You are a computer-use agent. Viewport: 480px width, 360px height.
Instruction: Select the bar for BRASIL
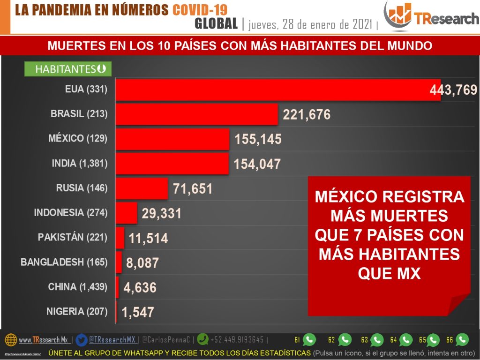click(x=197, y=114)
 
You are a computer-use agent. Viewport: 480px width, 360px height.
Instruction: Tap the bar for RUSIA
click(x=142, y=188)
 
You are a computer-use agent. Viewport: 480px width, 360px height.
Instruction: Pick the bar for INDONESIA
click(x=127, y=213)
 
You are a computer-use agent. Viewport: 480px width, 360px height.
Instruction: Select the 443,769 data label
click(x=453, y=90)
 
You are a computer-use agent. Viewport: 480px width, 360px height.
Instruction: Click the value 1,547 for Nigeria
click(x=138, y=312)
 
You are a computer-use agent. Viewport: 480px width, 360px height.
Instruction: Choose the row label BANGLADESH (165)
click(x=64, y=262)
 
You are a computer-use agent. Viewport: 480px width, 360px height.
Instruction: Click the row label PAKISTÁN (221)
click(x=73, y=237)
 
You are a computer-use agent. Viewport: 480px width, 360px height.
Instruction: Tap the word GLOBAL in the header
click(x=216, y=23)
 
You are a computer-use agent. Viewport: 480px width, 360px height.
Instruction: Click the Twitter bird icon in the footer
click(x=82, y=339)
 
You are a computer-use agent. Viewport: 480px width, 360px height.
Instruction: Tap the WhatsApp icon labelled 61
click(x=309, y=339)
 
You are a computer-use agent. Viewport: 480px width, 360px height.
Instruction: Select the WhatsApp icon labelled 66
click(x=462, y=339)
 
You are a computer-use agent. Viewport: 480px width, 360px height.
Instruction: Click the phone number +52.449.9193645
click(x=237, y=339)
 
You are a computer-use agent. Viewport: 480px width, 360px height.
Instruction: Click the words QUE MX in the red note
click(x=389, y=273)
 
